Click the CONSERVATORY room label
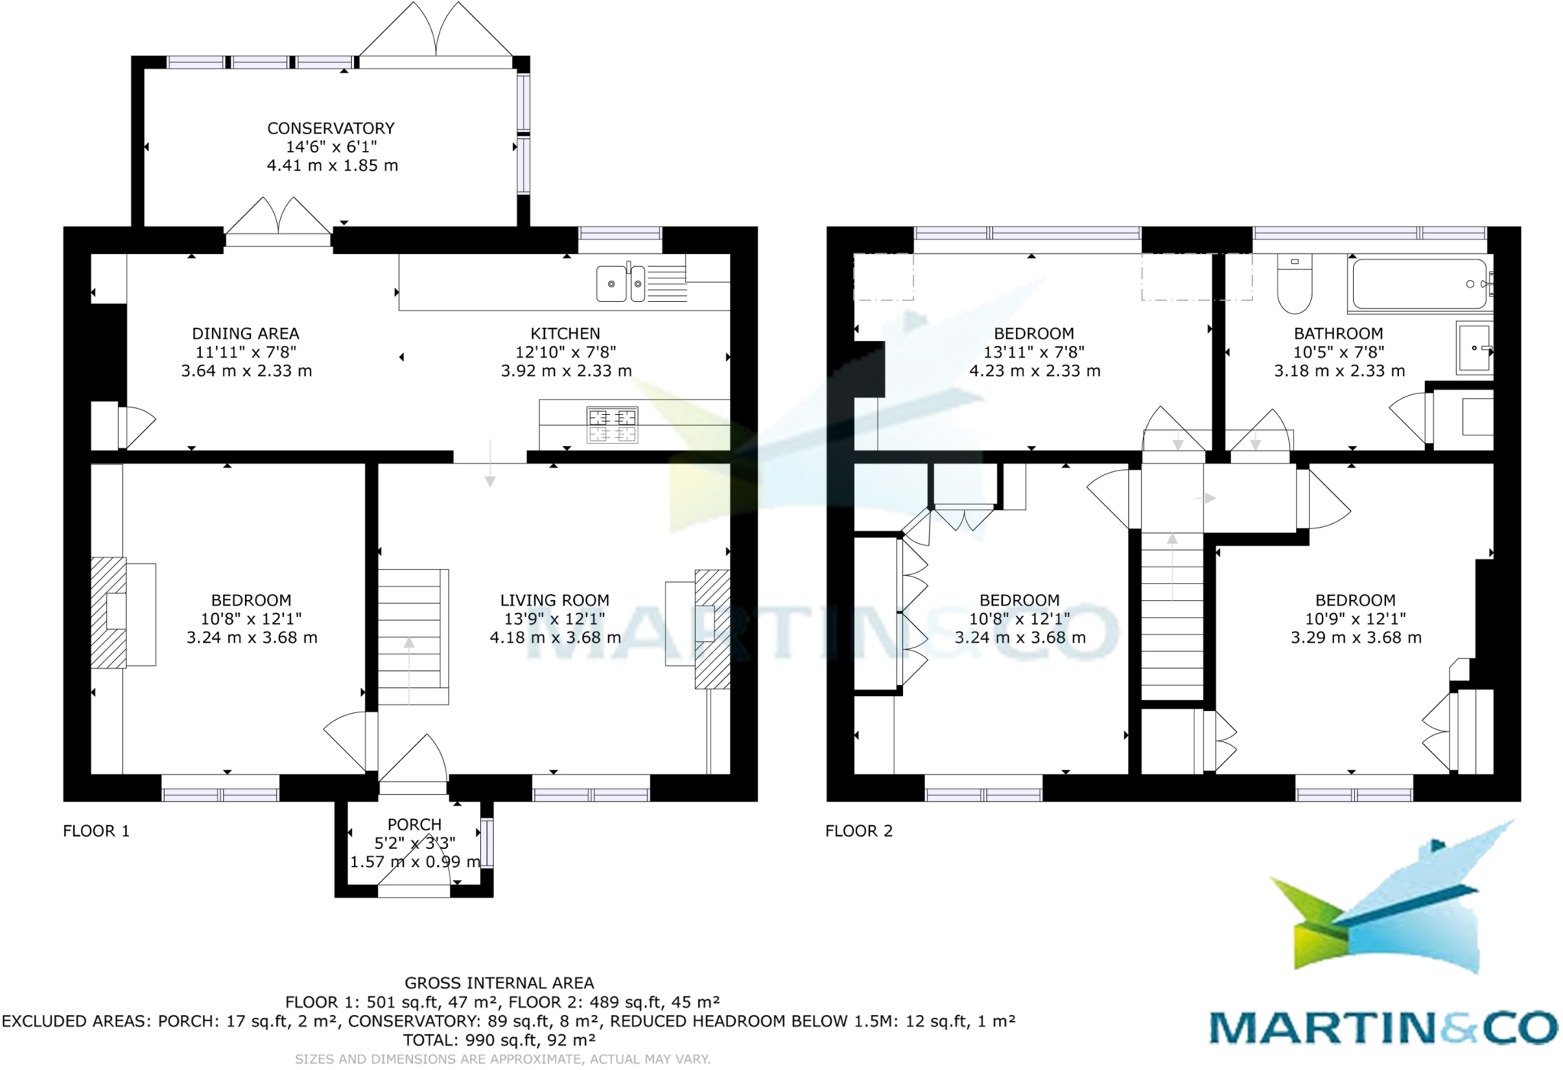tap(330, 128)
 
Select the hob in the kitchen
tap(612, 426)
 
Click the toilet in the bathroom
tap(1294, 286)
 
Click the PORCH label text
tap(414, 824)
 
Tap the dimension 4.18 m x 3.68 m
tap(555, 638)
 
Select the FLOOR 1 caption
tap(96, 831)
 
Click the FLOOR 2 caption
tap(859, 831)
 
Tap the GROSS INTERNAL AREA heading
tap(499, 983)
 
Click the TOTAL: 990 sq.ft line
tap(499, 1039)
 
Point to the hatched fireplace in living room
tap(712, 629)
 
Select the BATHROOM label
tap(1338, 333)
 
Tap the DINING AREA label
tap(245, 333)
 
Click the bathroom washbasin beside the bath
tap(1474, 349)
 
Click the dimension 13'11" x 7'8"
tap(1033, 352)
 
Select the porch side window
tap(487, 843)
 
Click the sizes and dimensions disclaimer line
tap(502, 1059)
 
